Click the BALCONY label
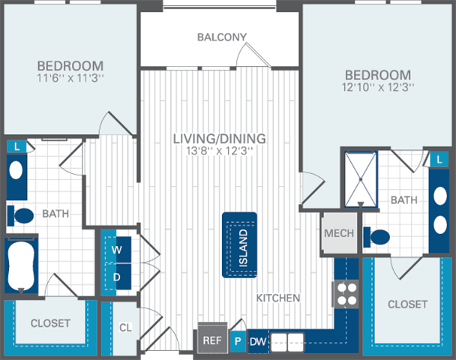click(x=221, y=37)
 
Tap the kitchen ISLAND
click(x=240, y=244)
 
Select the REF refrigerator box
click(x=212, y=340)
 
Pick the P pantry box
click(x=238, y=340)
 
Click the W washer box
click(x=117, y=248)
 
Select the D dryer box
click(x=117, y=276)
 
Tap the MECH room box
click(x=338, y=233)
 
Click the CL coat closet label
click(x=126, y=328)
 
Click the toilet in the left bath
click(x=22, y=216)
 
